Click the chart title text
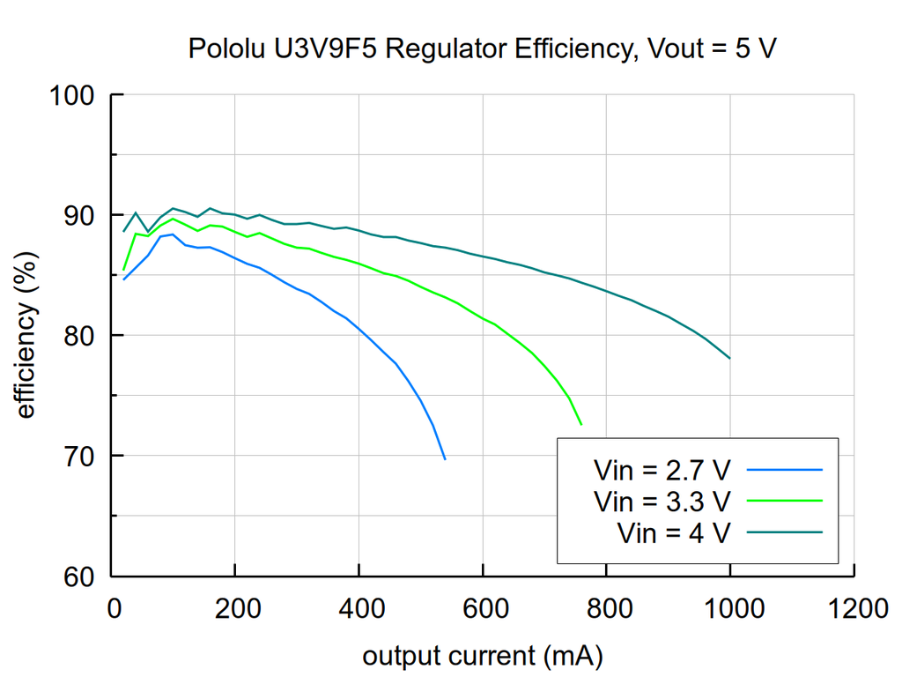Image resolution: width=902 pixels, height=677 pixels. tap(483, 48)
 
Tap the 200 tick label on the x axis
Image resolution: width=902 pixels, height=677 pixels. tap(235, 609)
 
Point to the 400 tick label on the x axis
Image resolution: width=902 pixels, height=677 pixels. tap(359, 609)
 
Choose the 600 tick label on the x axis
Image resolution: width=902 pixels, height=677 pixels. tap(483, 609)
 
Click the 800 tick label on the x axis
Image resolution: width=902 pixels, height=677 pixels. tap(607, 609)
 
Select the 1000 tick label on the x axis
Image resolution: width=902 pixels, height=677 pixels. tap(730, 609)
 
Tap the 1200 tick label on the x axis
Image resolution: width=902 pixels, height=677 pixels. tap(854, 609)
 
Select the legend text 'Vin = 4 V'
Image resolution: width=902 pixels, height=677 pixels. tap(674, 532)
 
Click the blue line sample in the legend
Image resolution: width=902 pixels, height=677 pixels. tap(784, 470)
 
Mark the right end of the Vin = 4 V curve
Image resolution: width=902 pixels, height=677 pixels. tap(730, 359)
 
